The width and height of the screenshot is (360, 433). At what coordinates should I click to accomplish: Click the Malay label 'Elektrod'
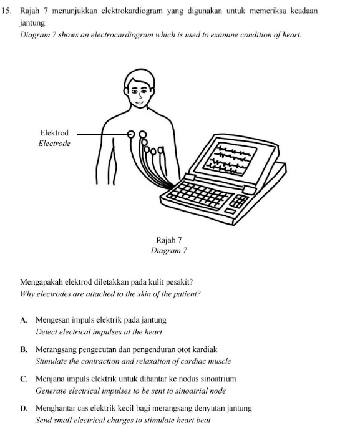pyautogui.click(x=54, y=133)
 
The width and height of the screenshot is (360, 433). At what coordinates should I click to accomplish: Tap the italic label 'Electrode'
pyautogui.click(x=54, y=144)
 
